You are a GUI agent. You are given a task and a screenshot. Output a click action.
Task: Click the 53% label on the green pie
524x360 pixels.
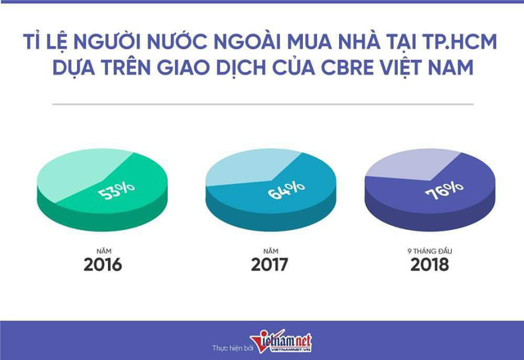(x=116, y=191)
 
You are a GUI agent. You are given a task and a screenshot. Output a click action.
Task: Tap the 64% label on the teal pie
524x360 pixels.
(x=286, y=190)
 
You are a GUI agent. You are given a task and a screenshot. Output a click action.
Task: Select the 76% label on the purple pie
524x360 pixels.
(x=444, y=191)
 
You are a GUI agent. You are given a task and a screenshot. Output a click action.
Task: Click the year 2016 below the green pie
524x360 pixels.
(x=102, y=265)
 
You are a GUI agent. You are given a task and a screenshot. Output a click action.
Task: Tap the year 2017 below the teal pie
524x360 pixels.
(x=269, y=265)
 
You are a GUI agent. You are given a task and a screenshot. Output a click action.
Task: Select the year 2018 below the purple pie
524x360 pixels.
(x=429, y=265)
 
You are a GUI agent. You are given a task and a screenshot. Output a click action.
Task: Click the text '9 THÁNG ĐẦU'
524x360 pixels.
(x=430, y=251)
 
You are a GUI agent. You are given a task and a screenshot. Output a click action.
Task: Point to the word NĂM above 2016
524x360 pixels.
(x=104, y=251)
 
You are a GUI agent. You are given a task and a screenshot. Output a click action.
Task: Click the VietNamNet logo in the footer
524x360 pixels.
(x=281, y=341)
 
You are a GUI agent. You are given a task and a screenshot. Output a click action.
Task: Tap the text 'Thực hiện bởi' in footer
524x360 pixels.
(x=233, y=348)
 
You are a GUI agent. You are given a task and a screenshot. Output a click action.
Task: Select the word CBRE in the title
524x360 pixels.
(x=347, y=67)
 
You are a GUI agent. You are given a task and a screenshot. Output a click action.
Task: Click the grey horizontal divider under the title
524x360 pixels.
(x=263, y=104)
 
